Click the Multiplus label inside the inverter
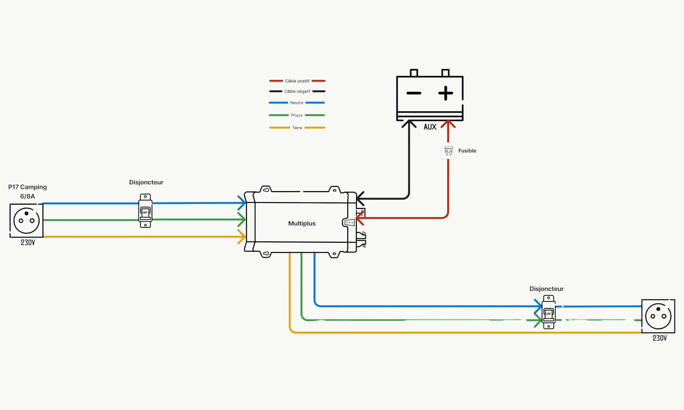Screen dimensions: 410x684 302,223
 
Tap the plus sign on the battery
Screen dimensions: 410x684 445,93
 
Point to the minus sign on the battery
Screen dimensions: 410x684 414,93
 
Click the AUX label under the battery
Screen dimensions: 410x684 430,127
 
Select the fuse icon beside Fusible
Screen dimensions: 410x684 448,151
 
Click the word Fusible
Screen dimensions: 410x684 467,151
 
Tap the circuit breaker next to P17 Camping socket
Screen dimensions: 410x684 145,211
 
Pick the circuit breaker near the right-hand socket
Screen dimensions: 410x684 549,312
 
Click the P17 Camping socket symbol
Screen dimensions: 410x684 27,221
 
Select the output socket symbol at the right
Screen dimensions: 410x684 658,316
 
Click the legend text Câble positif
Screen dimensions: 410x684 297,81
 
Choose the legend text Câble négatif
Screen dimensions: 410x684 297,92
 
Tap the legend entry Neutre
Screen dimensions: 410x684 297,103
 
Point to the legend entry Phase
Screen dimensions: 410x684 297,115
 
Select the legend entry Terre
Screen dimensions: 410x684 297,128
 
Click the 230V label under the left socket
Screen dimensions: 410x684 28,242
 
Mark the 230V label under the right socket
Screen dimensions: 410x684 660,338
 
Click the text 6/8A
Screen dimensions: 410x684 27,197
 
